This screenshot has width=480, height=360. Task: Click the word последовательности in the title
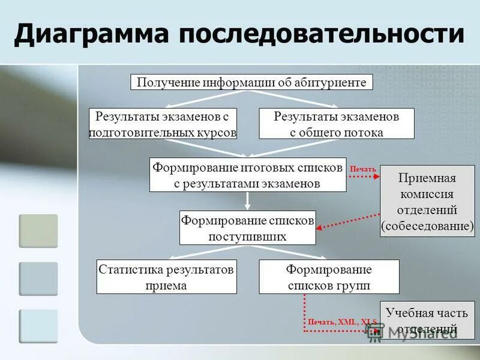321,34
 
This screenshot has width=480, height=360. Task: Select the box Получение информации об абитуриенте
251,82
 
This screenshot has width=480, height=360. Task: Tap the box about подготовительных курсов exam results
163,124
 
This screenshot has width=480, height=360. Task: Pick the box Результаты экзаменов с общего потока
336,124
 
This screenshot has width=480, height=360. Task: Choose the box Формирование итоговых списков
247,175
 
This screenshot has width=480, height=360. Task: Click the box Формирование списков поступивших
247,227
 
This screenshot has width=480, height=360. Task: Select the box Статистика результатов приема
166,277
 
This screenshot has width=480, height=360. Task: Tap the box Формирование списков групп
329,277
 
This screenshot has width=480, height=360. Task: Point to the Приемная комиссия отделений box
427,201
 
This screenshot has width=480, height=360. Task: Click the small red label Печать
363,169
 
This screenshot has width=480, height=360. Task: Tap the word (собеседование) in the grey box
427,226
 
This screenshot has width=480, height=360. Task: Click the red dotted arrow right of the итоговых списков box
364,177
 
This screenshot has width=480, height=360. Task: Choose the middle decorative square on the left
38,279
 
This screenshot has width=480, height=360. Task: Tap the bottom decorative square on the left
38,326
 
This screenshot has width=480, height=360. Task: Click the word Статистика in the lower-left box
127,270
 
